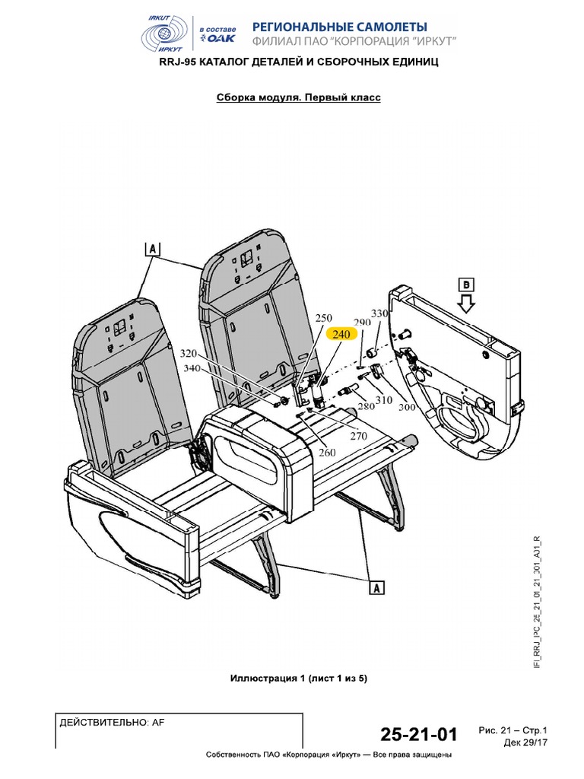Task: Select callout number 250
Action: pyautogui.click(x=324, y=318)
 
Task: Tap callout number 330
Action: pyautogui.click(x=379, y=313)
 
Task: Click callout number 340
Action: pyautogui.click(x=192, y=369)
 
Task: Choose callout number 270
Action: pyautogui.click(x=357, y=436)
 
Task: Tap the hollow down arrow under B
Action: pyautogui.click(x=466, y=305)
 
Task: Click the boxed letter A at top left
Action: pyautogui.click(x=152, y=249)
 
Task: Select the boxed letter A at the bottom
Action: pyautogui.click(x=376, y=587)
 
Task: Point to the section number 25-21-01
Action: pyautogui.click(x=419, y=735)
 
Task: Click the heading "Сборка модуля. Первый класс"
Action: pyautogui.click(x=299, y=98)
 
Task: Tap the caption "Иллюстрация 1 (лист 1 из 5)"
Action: pyautogui.click(x=298, y=678)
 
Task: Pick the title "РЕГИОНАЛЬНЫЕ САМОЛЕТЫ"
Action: pyautogui.click(x=339, y=27)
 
